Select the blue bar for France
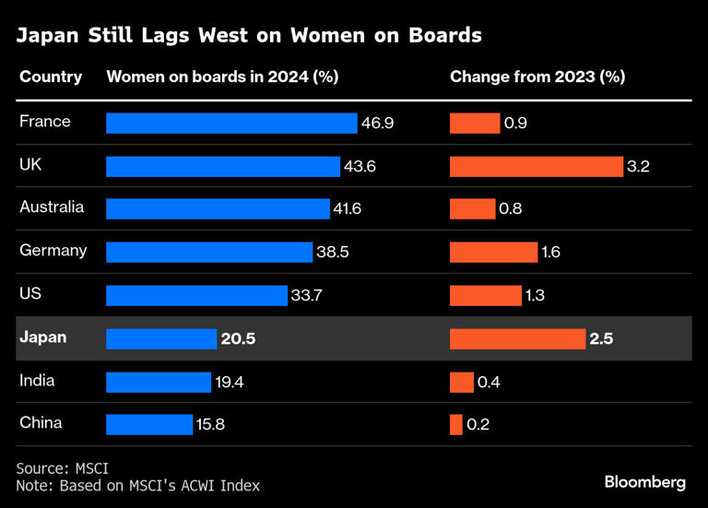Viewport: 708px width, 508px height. [x=231, y=123]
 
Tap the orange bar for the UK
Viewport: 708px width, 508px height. [x=537, y=166]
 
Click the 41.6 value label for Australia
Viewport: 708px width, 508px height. [x=348, y=209]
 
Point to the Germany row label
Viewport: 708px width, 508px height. [x=53, y=251]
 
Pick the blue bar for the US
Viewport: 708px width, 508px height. [x=196, y=295]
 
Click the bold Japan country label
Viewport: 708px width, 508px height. [x=43, y=337]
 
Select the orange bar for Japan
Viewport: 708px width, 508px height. [x=517, y=338]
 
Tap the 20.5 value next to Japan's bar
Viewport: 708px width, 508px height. [x=238, y=338]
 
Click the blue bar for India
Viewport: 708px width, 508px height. [x=159, y=382]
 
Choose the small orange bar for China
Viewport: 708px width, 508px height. [x=456, y=424]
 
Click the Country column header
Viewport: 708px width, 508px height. [x=51, y=77]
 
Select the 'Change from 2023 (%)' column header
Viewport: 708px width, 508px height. [x=537, y=77]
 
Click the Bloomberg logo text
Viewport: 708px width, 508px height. [x=645, y=481]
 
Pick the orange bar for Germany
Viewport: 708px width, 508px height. [x=493, y=252]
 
